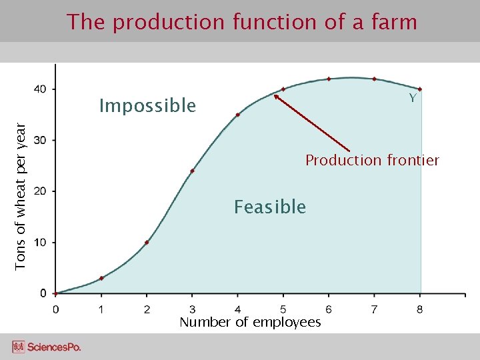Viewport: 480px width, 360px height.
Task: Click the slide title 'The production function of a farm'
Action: [241, 22]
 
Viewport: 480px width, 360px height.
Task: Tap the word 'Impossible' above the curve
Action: [147, 106]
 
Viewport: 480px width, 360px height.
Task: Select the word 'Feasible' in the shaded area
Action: [269, 207]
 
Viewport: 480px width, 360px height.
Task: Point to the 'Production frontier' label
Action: [372, 160]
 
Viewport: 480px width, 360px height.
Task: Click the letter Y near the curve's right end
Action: [413, 99]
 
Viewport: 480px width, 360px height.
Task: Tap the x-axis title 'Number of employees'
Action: [250, 323]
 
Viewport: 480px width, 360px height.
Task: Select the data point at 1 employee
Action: [101, 278]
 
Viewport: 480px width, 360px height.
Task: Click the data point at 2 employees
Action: [147, 242]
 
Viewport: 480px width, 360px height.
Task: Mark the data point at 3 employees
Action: [192, 171]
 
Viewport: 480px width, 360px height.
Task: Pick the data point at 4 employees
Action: [237, 115]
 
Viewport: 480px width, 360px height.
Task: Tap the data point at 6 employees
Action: [329, 79]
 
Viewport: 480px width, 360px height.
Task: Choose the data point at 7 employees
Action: [374, 79]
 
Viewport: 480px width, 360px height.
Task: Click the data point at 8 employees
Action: [420, 89]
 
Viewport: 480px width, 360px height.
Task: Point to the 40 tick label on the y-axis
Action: [40, 89]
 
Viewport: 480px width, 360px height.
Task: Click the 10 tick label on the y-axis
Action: [40, 242]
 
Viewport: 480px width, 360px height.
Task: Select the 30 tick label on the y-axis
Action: [40, 140]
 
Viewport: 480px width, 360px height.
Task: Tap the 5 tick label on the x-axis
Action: [283, 309]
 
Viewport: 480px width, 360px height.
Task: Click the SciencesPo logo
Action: [47, 347]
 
